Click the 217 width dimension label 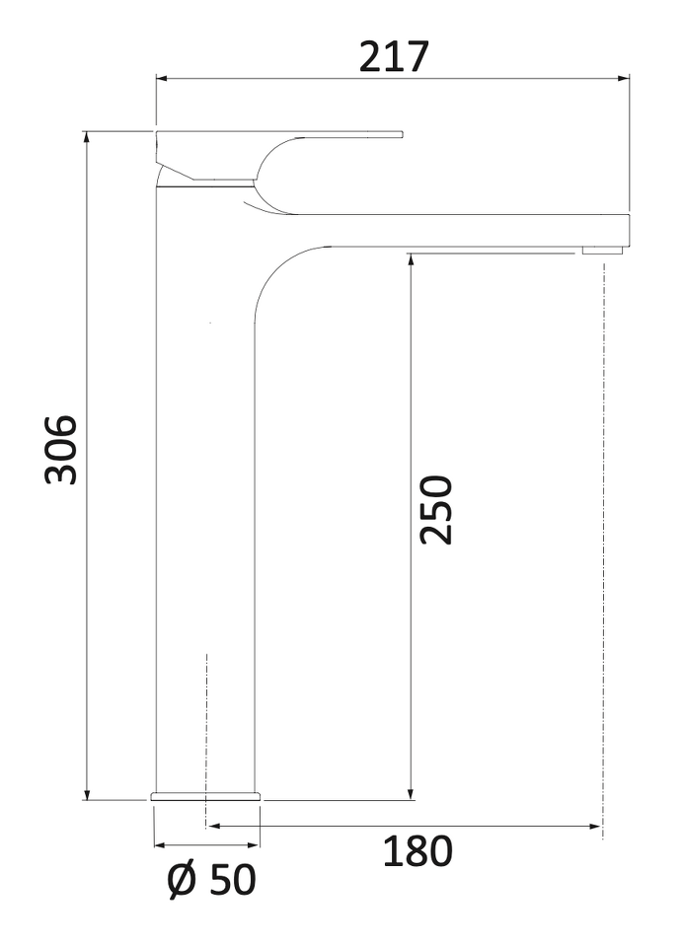[x=394, y=57]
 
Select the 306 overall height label [x=61, y=450]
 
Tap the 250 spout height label [x=436, y=510]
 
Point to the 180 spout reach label [x=418, y=851]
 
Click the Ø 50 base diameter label [x=211, y=880]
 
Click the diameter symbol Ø [x=182, y=881]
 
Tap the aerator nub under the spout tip [x=601, y=250]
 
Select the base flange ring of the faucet [x=205, y=795]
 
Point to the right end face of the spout [x=629, y=230]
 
